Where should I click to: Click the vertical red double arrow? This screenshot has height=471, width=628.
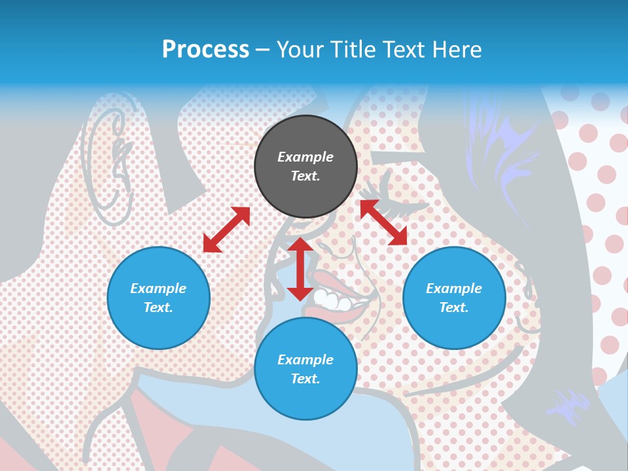(x=300, y=269)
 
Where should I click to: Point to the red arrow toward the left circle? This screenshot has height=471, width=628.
(x=226, y=230)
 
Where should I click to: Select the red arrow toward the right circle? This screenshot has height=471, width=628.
(x=383, y=222)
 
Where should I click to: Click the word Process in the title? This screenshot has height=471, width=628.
(x=205, y=50)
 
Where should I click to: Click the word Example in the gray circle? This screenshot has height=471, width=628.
(x=305, y=157)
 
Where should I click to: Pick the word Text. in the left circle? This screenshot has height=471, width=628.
(x=158, y=307)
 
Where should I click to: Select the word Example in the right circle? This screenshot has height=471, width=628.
(x=454, y=288)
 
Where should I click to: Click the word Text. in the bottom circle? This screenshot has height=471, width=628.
(x=305, y=379)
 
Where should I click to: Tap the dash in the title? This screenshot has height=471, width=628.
(x=263, y=50)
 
